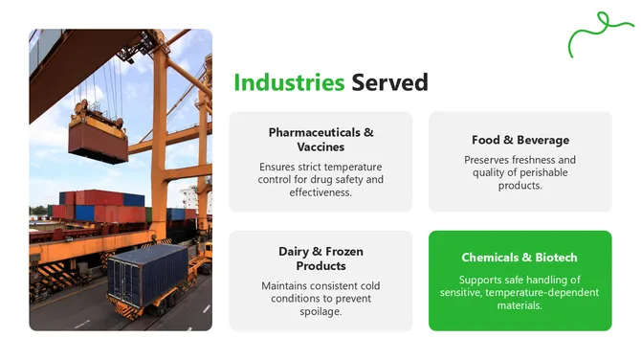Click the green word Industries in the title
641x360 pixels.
[289, 82]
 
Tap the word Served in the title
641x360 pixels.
[389, 82]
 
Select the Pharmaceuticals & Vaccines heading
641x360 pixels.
[320, 139]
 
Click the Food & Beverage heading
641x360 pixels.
[519, 140]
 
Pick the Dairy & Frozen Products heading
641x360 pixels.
[320, 259]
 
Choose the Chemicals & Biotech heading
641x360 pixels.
[519, 258]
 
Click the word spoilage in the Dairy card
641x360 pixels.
[320, 310]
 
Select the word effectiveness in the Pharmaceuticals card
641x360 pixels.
[320, 192]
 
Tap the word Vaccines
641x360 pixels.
[320, 146]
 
